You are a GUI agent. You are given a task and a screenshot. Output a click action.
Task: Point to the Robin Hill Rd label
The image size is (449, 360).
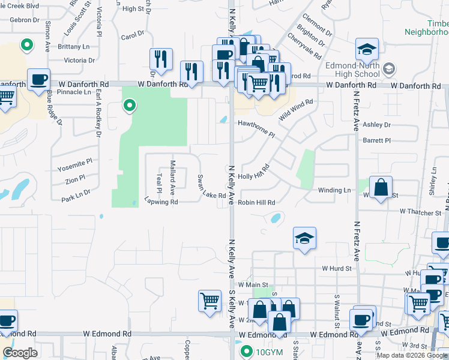coord(256,203)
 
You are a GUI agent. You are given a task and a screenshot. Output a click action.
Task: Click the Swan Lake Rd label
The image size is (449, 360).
coord(211,187)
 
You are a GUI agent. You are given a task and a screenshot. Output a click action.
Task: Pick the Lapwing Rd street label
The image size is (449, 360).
coord(161,202)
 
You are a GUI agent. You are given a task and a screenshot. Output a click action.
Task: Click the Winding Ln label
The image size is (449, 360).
coord(334,190)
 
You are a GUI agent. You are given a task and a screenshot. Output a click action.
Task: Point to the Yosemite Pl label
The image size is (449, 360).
coord(75,161)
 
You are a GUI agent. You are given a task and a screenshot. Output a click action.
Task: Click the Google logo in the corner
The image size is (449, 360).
coord(20,353)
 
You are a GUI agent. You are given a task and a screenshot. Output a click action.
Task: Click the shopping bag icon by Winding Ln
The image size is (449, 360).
coord(381,187)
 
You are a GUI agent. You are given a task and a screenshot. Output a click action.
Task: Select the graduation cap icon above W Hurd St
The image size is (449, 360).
coord(304,238)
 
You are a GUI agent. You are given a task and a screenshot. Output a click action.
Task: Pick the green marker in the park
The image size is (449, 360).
coord(128,107)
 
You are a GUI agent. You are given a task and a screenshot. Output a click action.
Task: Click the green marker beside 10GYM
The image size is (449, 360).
coord(246,351)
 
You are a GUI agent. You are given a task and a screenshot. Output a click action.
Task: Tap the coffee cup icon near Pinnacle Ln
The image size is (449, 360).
coord(40,80)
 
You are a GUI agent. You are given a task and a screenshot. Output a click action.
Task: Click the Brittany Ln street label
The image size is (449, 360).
coord(74,46)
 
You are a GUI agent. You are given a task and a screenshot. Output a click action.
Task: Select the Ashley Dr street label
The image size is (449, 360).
coord(376,125)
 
